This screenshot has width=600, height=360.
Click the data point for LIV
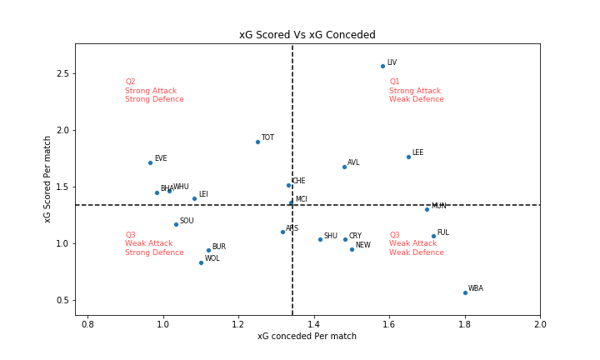pyautogui.click(x=382, y=66)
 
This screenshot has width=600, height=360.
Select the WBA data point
pyautogui.click(x=465, y=292)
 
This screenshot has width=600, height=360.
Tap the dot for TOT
pyautogui.click(x=257, y=142)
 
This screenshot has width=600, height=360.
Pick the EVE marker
pyautogui.click(x=150, y=162)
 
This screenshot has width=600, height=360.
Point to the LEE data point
pyautogui.click(x=408, y=157)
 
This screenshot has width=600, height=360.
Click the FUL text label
pyautogui.click(x=442, y=232)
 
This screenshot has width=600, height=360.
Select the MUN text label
pyautogui.click(x=438, y=206)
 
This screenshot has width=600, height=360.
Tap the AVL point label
pyautogui.click(x=353, y=162)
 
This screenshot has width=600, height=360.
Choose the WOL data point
pyautogui.click(x=201, y=262)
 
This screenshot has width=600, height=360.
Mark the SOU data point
pyautogui.click(x=176, y=224)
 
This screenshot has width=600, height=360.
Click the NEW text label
pyautogui.click(x=362, y=245)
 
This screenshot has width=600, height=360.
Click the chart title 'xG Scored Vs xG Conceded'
pyautogui.click(x=307, y=35)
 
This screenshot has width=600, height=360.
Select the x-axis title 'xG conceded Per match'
pyautogui.click(x=307, y=337)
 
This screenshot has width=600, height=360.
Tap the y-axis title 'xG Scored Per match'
pyautogui.click(x=48, y=179)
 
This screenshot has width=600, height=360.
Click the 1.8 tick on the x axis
pyautogui.click(x=465, y=322)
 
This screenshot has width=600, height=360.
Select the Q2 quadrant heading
pyautogui.click(x=130, y=82)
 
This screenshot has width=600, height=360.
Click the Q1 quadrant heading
pyautogui.click(x=394, y=82)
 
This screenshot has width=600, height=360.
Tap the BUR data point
pyautogui.click(x=208, y=250)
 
